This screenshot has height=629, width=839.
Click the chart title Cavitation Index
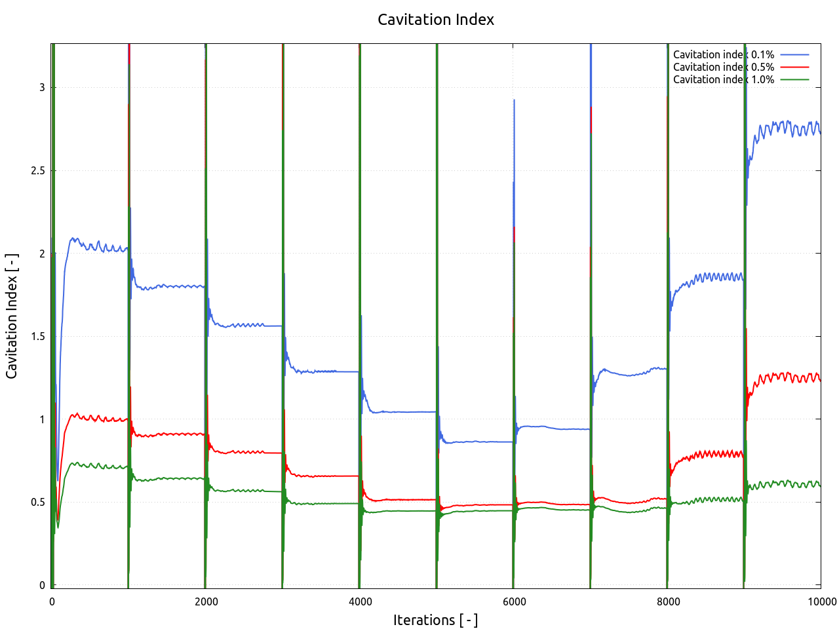[436, 20]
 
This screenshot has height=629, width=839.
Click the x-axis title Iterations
[435, 620]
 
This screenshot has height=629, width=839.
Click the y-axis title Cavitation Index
[12, 316]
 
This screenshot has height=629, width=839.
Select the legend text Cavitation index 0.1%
[723, 54]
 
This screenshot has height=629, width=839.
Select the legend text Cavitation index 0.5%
[723, 67]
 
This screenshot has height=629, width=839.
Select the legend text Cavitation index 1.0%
[723, 79]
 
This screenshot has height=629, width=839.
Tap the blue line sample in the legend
[794, 54]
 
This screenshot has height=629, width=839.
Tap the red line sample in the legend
[794, 67]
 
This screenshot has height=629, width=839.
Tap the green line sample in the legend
[794, 79]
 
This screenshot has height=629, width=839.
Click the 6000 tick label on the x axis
[514, 601]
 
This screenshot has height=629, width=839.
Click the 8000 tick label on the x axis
[668, 601]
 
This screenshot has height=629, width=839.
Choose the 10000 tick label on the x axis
[821, 601]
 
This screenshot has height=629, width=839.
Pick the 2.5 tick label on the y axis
[39, 170]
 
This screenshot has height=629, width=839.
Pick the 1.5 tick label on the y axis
[39, 336]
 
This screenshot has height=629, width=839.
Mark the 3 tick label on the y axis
[42, 87]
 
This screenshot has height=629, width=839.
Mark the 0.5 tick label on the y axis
[39, 502]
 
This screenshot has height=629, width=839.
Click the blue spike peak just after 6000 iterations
[515, 100]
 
